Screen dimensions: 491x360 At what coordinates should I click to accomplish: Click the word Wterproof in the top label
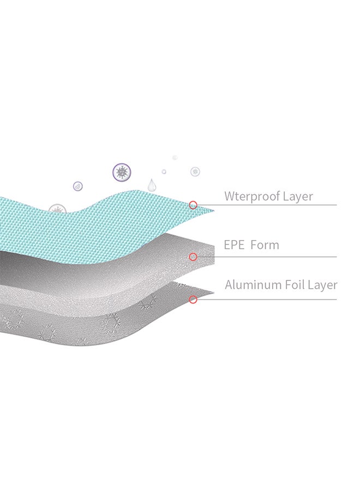point(253,196)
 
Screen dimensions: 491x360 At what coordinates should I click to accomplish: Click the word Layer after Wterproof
point(298,196)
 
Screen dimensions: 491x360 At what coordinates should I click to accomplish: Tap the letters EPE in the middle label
point(235,245)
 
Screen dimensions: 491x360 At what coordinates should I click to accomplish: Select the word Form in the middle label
point(265,245)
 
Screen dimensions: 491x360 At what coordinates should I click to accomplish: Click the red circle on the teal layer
point(193,205)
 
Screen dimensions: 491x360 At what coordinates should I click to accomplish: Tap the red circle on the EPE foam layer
point(193,256)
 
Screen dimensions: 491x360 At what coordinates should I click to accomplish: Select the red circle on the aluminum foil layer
point(193,299)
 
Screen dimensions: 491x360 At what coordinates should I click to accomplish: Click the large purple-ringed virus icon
point(121,171)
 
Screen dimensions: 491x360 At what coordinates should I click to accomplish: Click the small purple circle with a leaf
point(78,186)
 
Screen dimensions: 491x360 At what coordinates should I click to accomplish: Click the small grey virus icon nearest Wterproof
point(195,171)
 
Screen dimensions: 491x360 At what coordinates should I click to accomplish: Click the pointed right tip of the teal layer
point(213,211)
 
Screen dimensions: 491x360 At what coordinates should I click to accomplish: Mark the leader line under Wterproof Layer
point(273,205)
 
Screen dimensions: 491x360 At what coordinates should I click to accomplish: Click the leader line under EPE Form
point(273,256)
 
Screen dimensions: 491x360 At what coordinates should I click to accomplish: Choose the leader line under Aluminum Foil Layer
point(273,299)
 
